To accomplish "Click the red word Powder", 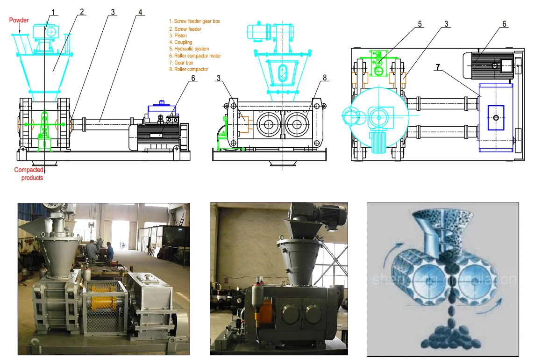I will click(19, 20).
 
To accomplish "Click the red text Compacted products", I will click(28, 173).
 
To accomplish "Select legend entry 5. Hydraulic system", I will click(189, 49).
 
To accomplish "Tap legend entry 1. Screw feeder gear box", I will click(194, 21).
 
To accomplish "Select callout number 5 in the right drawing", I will click(420, 23).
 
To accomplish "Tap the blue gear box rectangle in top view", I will click(496, 116).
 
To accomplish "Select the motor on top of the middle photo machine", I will click(324, 216).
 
